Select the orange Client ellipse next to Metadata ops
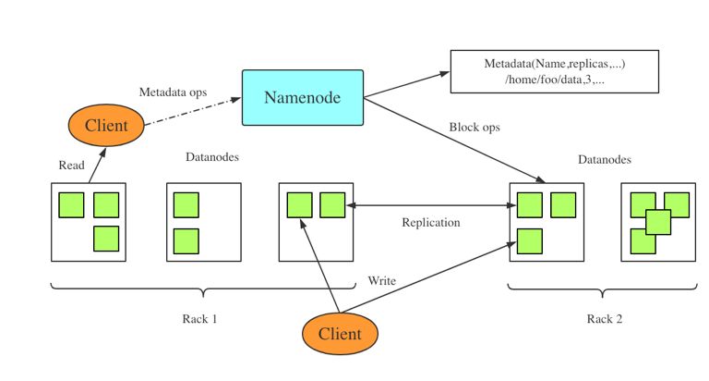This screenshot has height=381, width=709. coord(106,124)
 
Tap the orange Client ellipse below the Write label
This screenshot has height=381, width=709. coord(341,333)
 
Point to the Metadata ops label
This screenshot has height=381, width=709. coord(173,92)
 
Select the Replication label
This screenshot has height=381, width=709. coord(430,223)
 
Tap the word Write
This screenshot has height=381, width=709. coord(382,279)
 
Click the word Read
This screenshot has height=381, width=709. coord(71,166)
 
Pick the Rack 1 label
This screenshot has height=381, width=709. coord(199,319)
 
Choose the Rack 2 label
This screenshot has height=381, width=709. coord(605,320)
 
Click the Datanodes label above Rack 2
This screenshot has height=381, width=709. coord(605,160)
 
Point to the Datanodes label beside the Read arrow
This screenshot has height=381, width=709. coord(213,157)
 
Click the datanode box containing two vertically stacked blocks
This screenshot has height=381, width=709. coord(203,222)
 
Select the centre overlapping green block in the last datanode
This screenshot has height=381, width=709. coord(657,222)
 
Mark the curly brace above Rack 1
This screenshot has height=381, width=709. coord(201,290)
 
